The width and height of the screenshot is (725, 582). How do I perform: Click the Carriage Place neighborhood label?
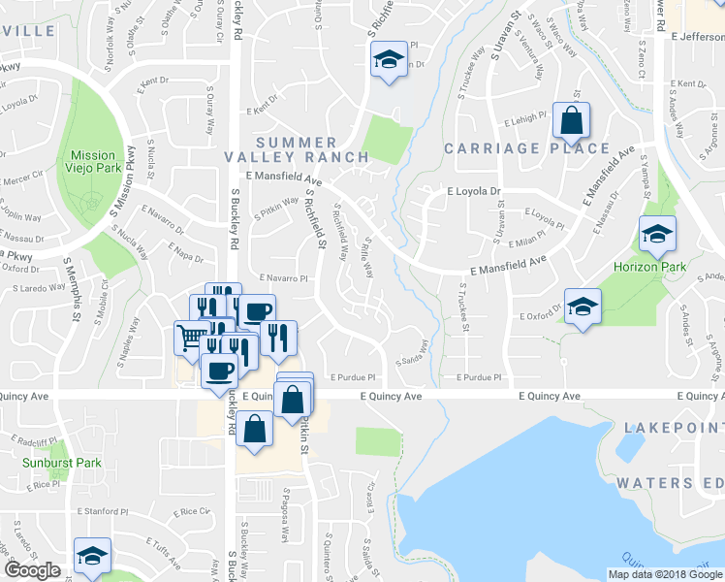point(527,148)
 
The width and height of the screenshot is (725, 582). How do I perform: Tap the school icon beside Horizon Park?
point(657,234)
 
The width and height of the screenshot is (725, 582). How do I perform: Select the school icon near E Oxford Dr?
point(583,307)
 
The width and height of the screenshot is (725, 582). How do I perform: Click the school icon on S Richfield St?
point(389,60)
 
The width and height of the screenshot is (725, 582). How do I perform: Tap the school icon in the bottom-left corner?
point(92,556)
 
